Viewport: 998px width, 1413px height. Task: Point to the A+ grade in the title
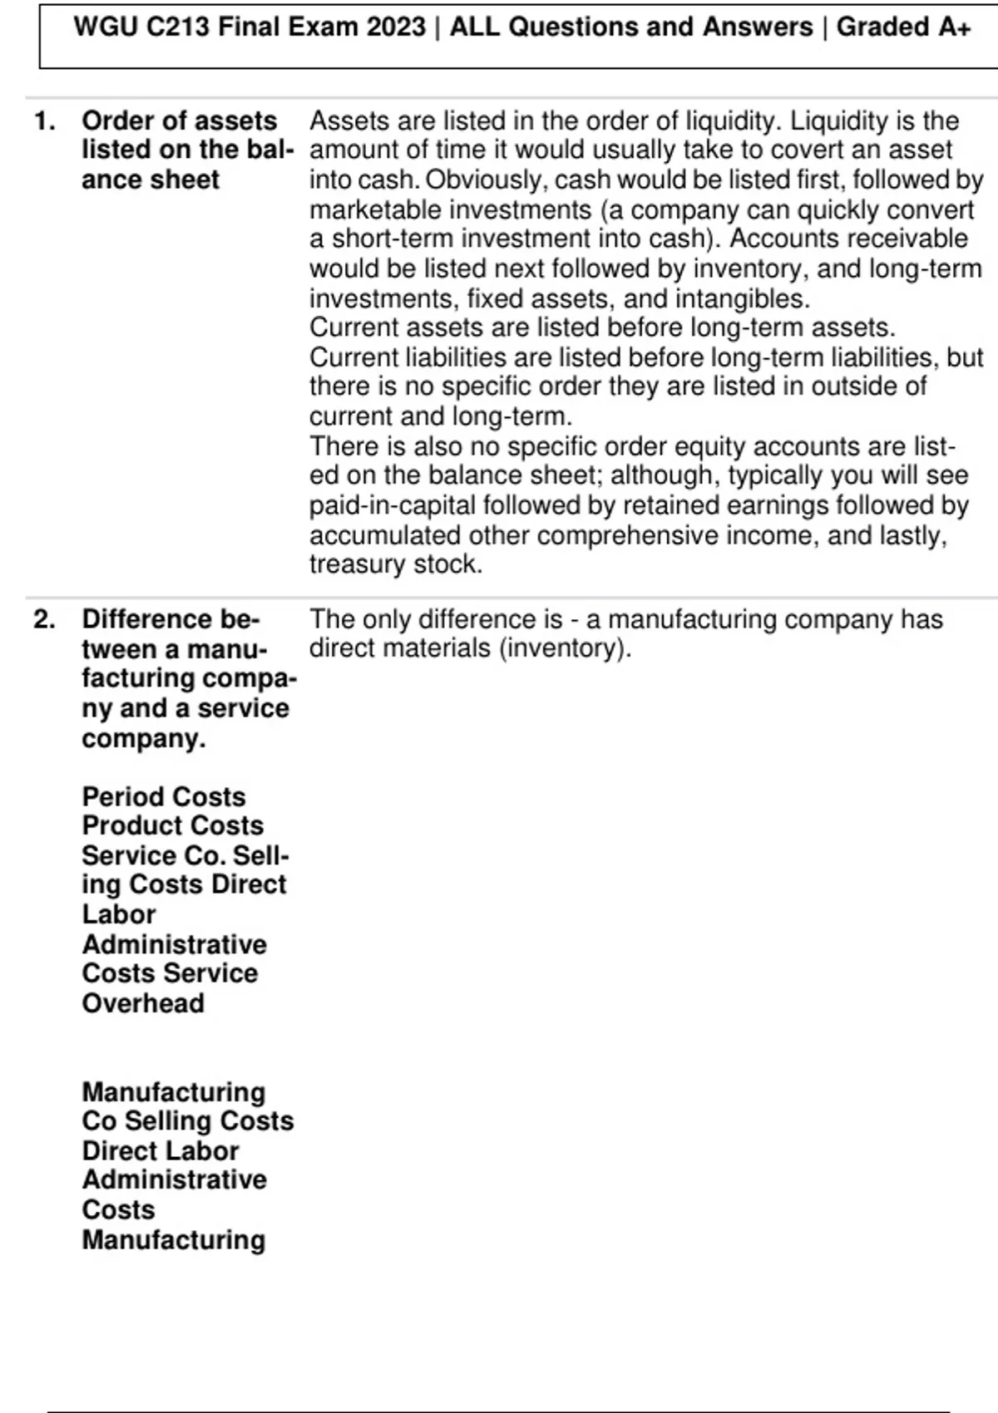[954, 27]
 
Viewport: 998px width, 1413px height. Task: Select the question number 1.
[44, 121]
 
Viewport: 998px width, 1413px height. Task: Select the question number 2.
[44, 619]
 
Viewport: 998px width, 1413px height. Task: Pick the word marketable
[367, 209]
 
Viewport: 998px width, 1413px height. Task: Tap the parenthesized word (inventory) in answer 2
[565, 648]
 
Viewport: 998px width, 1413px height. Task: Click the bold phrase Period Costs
[164, 796]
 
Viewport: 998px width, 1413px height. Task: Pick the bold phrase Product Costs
[172, 825]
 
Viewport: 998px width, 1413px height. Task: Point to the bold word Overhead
[143, 1003]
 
